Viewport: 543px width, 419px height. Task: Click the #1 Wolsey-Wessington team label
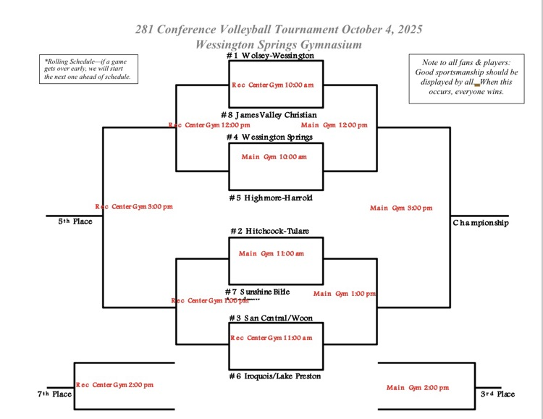click(269, 56)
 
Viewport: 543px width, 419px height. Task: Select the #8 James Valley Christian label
click(269, 115)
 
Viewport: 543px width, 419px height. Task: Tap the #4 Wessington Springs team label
click(269, 137)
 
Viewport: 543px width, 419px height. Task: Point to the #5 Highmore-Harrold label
click(269, 198)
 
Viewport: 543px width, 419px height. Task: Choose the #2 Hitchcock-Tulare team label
click(269, 231)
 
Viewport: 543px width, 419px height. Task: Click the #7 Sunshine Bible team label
click(257, 291)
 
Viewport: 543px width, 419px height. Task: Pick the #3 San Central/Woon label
click(269, 318)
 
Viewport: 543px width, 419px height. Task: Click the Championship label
click(481, 223)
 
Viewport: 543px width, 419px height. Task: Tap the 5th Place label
click(75, 221)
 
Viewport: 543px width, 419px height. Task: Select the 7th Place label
click(54, 394)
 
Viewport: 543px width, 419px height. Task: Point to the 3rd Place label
click(497, 394)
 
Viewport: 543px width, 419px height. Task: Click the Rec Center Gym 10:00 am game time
click(272, 85)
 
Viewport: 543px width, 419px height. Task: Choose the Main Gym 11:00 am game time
click(271, 253)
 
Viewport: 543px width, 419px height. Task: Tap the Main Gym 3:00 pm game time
click(401, 208)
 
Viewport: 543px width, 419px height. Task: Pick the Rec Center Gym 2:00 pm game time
click(115, 385)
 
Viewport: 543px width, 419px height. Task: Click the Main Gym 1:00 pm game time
click(345, 294)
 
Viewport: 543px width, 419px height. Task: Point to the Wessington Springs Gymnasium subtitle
click(279, 44)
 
